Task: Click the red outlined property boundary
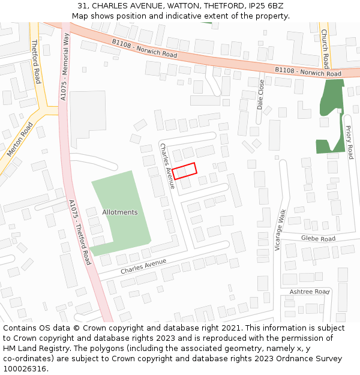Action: pos(185,171)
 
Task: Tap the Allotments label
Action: pos(119,212)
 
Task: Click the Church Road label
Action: pos(325,49)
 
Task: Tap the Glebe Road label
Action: pos(318,239)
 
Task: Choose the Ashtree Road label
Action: pos(310,292)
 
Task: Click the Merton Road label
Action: pos(20,140)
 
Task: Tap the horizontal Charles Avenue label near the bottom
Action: pos(143,266)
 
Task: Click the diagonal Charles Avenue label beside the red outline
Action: pos(166,166)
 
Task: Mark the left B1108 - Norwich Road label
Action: pos(144,48)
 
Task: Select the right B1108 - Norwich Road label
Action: pos(308,72)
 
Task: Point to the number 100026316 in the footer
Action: pos(25,368)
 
